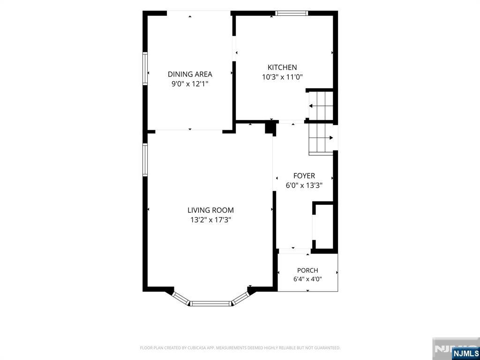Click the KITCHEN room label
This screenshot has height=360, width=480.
pos(282,67)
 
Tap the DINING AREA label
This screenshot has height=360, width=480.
pos(190,74)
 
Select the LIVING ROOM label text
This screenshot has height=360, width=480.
pos(210,210)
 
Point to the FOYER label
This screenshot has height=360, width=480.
pos(304,176)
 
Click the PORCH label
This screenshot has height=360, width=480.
pos(307,270)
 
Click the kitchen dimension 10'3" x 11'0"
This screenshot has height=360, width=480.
pos(282,77)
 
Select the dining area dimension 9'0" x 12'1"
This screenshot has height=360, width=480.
pos(190,84)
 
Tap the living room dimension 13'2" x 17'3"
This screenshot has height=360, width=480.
pos(210,220)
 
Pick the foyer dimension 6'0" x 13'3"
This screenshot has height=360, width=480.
pos(304,185)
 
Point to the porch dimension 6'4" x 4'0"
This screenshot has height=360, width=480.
pos(307,279)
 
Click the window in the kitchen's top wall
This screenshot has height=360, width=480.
pos(291,13)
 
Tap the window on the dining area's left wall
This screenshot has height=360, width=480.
pos(145,68)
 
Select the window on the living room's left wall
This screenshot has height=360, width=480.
pos(145,159)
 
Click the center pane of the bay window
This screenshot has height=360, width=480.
pos(210,303)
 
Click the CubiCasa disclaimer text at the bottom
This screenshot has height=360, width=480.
pos(240,348)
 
